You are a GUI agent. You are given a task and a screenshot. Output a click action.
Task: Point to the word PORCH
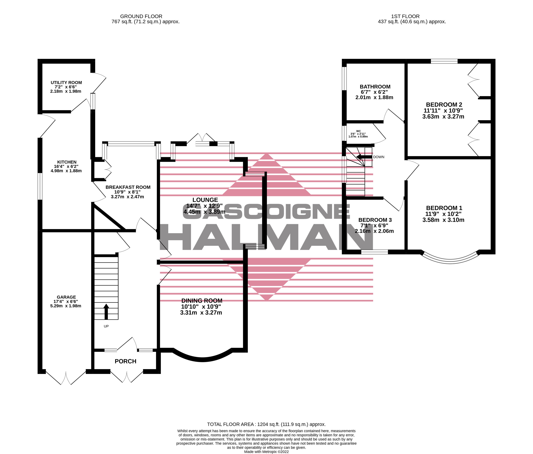click(x=125, y=361)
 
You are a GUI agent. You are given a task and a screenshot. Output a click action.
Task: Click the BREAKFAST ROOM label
click(x=128, y=187)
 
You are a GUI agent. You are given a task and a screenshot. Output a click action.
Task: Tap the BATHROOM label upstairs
click(x=375, y=87)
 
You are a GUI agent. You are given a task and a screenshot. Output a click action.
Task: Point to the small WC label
click(x=358, y=131)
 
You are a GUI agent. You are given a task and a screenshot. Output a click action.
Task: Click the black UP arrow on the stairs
click(x=106, y=312)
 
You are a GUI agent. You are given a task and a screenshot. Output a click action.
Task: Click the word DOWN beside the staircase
click(x=379, y=157)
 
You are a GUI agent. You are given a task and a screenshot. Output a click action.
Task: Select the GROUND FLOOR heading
click(x=141, y=16)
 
